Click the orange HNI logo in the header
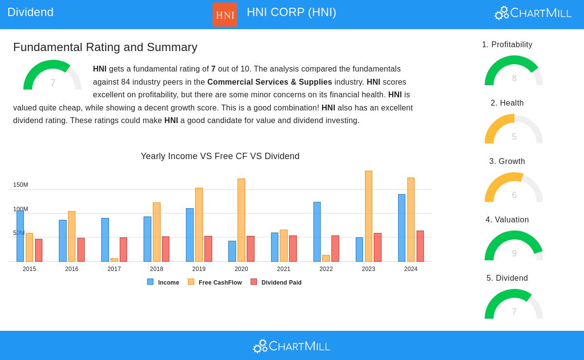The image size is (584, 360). [225, 15]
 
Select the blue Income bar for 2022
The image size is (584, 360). [317, 232]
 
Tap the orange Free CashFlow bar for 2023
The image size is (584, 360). [368, 216]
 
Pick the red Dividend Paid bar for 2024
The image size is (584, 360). [420, 246]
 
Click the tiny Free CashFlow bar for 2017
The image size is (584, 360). [114, 260]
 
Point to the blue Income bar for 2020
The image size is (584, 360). [232, 251]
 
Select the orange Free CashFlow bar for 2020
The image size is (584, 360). [241, 220]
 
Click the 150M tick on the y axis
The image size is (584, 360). [20, 185]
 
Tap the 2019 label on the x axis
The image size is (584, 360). [199, 269]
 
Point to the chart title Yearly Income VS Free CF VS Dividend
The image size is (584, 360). [220, 156]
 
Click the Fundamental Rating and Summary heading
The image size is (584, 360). [105, 47]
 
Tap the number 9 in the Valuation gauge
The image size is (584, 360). [514, 253]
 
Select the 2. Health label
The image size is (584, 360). [507, 103]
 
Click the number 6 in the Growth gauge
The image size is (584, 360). [514, 195]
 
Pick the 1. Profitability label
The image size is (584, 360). [507, 44]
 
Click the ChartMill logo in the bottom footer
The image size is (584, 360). [292, 346]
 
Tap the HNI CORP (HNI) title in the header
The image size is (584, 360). [291, 12]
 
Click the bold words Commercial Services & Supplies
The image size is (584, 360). [270, 82]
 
